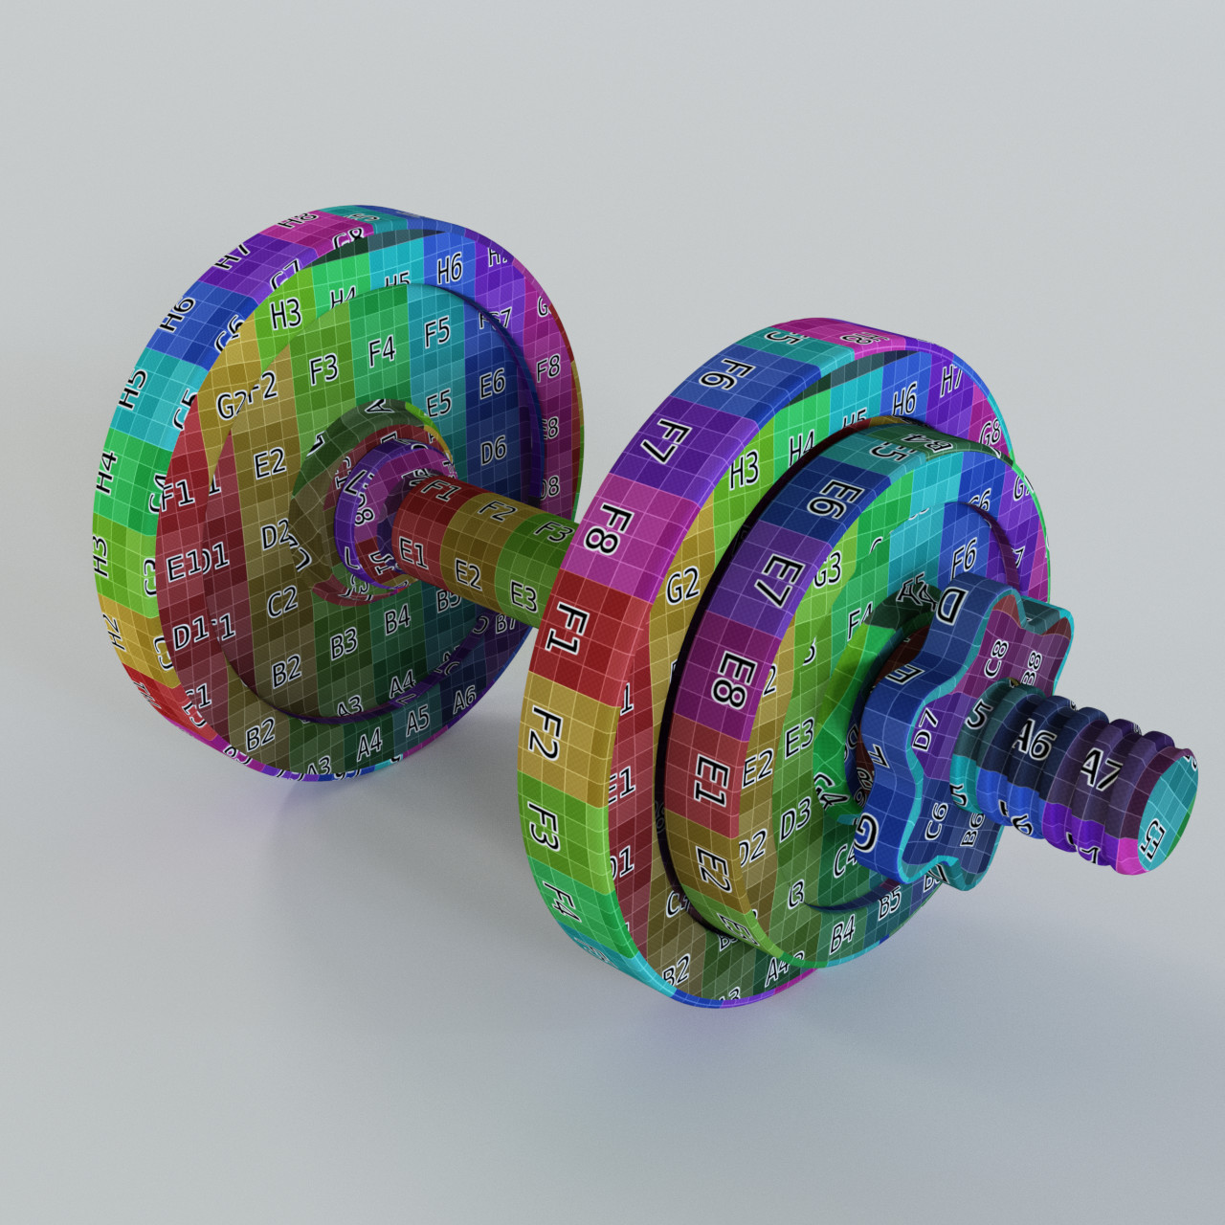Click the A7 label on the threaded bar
tap(1099, 766)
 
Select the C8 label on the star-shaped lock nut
tap(997, 657)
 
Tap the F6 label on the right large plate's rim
tap(716, 374)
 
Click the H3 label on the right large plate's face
tap(744, 469)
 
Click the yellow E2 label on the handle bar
tap(467, 575)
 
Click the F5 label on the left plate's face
tap(436, 333)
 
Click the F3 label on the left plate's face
tap(323, 368)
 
